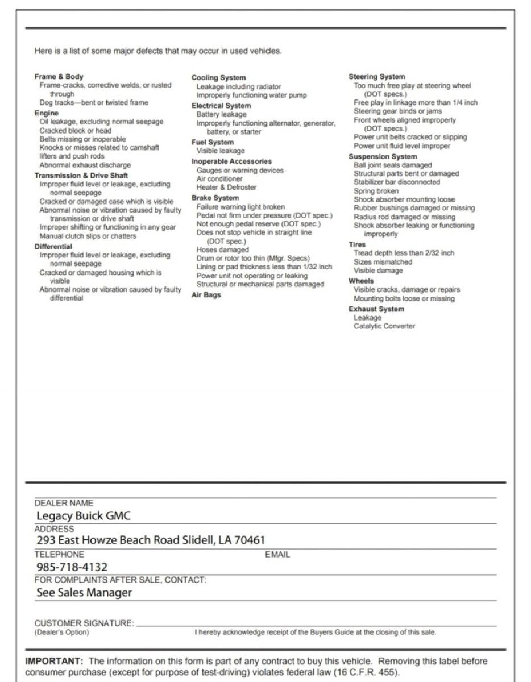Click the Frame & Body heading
click(59, 77)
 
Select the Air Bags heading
click(206, 295)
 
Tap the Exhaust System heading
click(376, 309)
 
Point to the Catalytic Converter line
click(384, 326)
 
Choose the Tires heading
click(357, 244)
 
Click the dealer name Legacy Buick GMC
click(84, 516)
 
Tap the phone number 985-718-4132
click(72, 567)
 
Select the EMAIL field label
click(277, 555)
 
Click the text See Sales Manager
click(84, 593)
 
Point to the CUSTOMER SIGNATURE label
click(84, 623)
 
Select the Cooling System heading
click(218, 78)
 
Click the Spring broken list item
click(376, 191)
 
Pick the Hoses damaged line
click(222, 249)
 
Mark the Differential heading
click(53, 247)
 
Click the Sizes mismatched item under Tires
click(383, 262)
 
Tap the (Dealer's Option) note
click(61, 632)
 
